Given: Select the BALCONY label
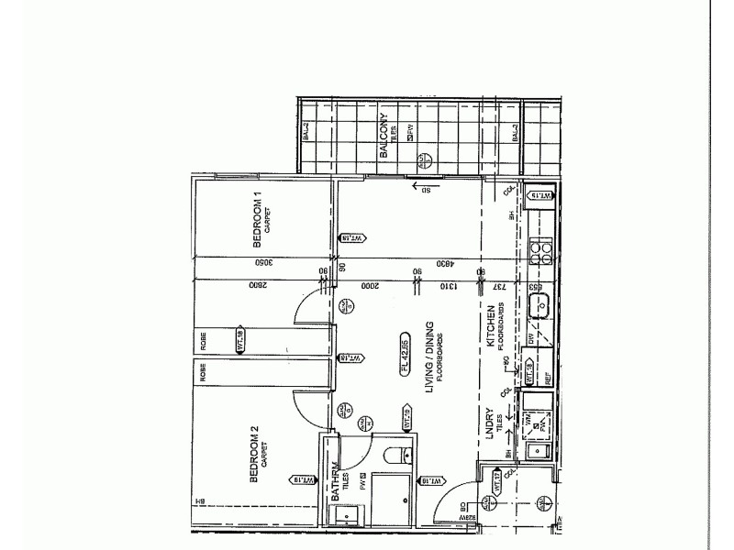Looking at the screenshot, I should (383, 138).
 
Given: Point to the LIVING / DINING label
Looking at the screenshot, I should (428, 362).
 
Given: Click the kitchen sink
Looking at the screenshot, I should (540, 307).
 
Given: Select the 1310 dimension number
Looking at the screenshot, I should (442, 286).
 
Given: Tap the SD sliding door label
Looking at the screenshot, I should (426, 190).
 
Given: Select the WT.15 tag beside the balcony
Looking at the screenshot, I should (542, 195).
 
